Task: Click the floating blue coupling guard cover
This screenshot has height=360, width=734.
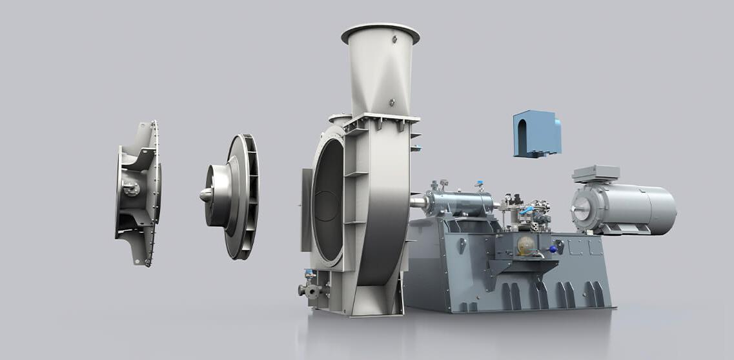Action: (536, 134)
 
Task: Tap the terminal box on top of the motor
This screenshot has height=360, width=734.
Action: (595, 174)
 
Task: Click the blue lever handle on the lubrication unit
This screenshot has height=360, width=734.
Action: (527, 210)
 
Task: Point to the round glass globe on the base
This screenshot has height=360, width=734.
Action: (526, 245)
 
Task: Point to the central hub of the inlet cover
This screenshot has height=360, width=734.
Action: (131, 189)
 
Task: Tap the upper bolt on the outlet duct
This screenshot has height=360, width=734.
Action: (393, 40)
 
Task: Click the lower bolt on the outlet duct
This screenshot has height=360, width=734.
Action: (391, 102)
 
